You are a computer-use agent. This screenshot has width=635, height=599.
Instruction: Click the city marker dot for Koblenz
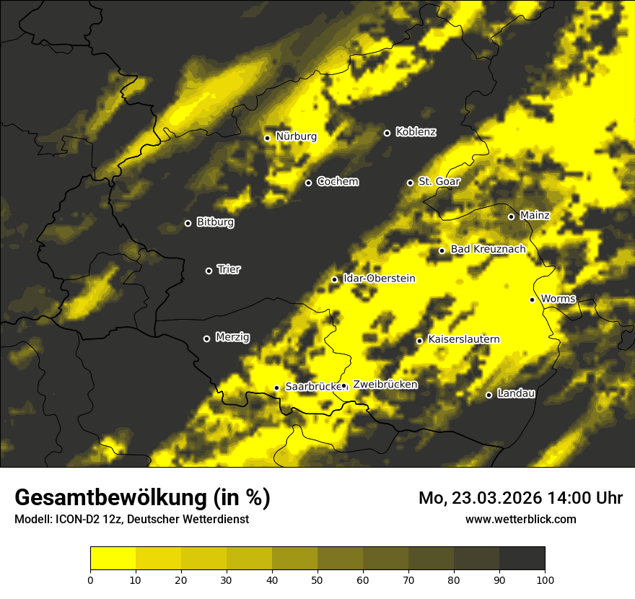tap(387, 133)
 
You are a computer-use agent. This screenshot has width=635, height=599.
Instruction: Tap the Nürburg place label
tap(296, 136)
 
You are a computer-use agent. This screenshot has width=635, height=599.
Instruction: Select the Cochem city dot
tap(308, 183)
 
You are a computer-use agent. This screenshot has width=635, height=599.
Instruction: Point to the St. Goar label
tap(439, 182)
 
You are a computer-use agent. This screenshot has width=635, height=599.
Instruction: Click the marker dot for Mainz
tap(511, 217)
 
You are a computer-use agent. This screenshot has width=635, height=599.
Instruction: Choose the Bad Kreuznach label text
tap(488, 250)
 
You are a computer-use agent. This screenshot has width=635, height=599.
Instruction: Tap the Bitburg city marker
tap(188, 223)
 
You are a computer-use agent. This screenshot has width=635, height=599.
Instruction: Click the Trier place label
tap(229, 270)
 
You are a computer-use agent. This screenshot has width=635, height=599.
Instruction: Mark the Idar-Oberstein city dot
tap(334, 279)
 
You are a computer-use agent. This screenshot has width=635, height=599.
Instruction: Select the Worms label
tap(557, 299)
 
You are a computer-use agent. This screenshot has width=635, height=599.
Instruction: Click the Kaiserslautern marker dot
tap(419, 341)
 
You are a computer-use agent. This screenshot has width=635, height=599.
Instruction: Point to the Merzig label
tap(232, 338)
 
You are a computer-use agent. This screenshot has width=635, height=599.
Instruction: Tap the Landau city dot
tap(489, 395)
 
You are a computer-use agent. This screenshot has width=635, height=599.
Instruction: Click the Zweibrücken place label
tap(385, 385)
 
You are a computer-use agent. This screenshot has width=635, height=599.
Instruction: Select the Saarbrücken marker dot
tap(276, 388)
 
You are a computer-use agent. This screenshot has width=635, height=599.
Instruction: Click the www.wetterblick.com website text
tap(520, 519)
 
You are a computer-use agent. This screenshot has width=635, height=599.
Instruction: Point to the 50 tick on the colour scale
tap(317, 579)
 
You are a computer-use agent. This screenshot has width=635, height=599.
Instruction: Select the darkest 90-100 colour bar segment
tap(522, 558)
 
